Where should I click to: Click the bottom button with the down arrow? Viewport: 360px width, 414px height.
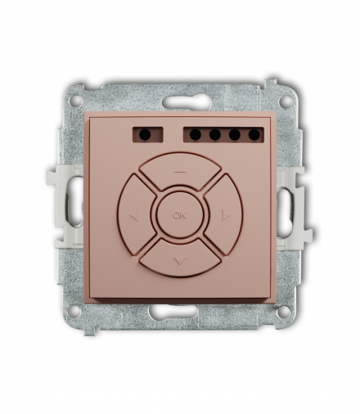pos(179,257)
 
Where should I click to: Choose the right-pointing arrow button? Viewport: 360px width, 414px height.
pos(223,216)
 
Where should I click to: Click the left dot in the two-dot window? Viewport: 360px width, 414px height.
pos(137,133)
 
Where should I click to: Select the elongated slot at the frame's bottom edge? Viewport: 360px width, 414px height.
pos(180,312)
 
